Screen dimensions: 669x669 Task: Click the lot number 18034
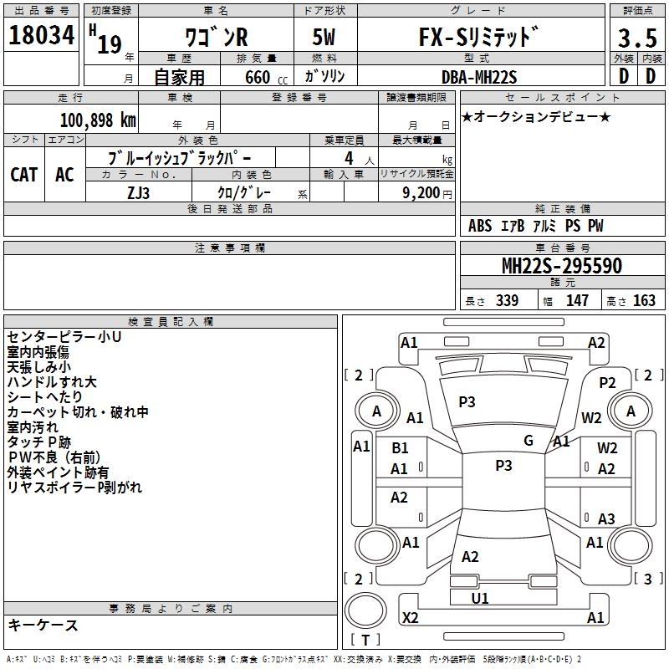(x=42, y=38)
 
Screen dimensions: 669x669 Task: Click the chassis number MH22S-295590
(x=561, y=266)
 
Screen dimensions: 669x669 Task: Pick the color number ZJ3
(x=139, y=192)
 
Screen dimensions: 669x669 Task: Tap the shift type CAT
(x=24, y=174)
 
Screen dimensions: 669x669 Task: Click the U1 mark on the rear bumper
(x=480, y=598)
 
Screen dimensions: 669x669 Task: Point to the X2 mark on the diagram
(x=410, y=618)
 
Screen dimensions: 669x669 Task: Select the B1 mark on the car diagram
(x=400, y=448)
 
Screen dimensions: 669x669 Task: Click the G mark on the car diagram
(x=528, y=441)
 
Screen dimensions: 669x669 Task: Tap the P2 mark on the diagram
(x=607, y=382)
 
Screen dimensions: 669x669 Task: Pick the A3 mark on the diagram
(x=606, y=518)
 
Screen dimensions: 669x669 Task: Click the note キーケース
(x=43, y=626)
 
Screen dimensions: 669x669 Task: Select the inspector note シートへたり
(x=44, y=396)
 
